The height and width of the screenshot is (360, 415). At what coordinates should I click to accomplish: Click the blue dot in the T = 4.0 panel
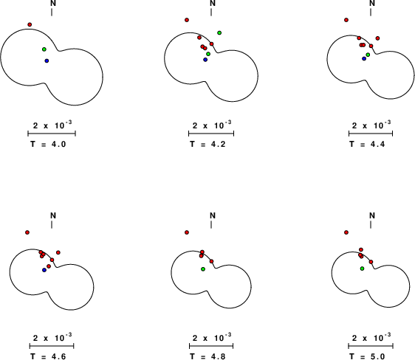[x=47, y=60]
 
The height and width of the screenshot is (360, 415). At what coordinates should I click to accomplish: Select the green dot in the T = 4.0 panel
[x=44, y=49]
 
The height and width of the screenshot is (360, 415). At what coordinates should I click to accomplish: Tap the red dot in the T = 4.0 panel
[x=30, y=24]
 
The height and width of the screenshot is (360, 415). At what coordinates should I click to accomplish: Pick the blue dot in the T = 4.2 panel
[x=205, y=60]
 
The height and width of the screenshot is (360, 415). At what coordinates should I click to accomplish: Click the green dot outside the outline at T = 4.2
[x=219, y=32]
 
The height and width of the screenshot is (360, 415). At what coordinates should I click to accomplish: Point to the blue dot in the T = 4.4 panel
[x=364, y=59]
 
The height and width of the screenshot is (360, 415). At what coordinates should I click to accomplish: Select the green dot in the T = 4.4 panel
[x=368, y=55]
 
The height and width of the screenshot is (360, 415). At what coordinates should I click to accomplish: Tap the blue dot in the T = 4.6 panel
[x=44, y=270]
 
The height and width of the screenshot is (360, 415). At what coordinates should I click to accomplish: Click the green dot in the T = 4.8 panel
[x=203, y=269]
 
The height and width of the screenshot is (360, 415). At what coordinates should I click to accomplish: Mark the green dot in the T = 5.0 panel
[x=362, y=269]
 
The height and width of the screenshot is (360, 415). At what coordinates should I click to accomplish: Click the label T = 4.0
[x=48, y=145]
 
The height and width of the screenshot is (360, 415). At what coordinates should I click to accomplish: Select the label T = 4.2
[x=207, y=145]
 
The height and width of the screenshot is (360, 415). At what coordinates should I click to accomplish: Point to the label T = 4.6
[x=48, y=356]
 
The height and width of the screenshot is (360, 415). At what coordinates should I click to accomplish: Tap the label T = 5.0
[x=367, y=356]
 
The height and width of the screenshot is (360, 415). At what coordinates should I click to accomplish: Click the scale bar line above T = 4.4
[x=371, y=134]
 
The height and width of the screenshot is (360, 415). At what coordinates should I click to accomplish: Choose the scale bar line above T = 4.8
[x=211, y=346]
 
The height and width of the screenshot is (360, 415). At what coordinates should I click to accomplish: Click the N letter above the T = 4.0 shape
[x=53, y=3]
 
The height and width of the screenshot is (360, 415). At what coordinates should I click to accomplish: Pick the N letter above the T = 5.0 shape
[x=372, y=215]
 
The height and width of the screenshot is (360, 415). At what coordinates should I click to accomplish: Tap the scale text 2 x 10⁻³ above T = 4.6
[x=52, y=337]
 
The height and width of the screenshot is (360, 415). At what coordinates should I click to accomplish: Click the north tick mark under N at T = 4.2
[x=211, y=12]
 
